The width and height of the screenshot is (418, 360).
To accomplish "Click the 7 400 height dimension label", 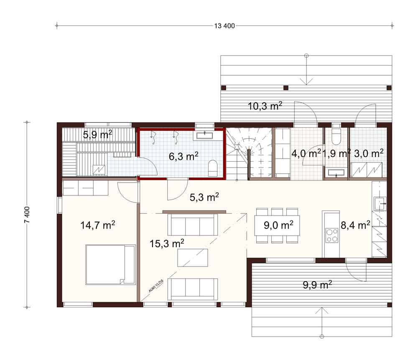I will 27,215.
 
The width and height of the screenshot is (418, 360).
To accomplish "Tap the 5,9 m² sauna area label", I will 97,134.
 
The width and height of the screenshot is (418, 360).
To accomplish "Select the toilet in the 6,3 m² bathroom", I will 212,167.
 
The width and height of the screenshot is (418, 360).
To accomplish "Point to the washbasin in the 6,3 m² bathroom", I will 204,135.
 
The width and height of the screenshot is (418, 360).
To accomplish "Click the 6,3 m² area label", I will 184,156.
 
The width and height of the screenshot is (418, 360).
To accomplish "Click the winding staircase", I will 249,154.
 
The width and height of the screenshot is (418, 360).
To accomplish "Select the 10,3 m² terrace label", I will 265,106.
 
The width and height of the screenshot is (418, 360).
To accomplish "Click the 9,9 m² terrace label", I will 317,285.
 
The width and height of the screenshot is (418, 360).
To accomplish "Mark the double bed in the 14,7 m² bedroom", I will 110,265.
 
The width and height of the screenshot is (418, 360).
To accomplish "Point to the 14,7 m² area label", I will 97,226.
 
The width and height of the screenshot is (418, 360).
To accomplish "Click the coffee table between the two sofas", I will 192,257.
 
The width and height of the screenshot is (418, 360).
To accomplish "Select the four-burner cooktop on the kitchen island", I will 332,236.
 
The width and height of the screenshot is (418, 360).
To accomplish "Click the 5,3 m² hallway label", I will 204,197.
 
